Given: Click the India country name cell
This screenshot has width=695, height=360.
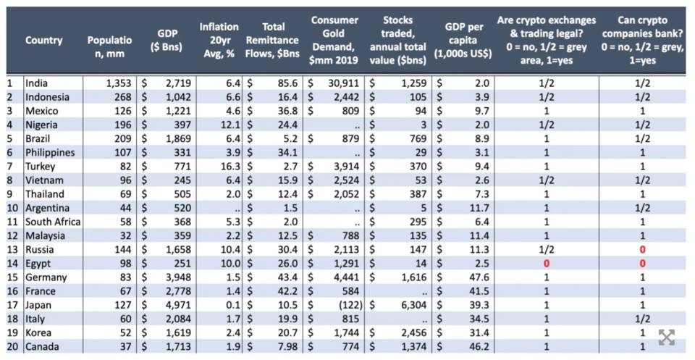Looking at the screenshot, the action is pos(36,83).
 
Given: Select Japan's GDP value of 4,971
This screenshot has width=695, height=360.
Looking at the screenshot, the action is pos(180,305).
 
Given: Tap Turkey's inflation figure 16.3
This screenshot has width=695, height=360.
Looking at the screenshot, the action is pos(229,167).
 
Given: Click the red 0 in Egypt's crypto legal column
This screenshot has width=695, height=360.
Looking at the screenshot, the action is pos(547,264).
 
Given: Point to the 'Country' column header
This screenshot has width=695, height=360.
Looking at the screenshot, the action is pos(44,41).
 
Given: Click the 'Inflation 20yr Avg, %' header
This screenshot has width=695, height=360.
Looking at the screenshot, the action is pos(219,41).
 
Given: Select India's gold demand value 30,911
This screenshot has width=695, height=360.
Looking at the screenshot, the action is pos(344,83).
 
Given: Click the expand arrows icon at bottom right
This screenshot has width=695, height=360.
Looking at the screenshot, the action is pos(667,338).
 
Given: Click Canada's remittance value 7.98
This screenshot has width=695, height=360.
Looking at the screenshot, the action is pos(288,346).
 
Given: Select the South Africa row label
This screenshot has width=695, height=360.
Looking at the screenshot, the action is pos(53,222).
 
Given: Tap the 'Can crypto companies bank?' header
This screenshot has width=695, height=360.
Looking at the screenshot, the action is pos(642,41).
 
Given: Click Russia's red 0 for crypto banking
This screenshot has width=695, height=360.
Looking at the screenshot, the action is pos(642,250).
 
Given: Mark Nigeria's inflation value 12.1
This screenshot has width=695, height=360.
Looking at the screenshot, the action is pos(229,125).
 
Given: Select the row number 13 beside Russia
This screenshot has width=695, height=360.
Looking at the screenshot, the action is pos(12,250).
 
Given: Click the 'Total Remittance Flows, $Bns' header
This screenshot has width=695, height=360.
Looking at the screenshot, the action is pos(273,41).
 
